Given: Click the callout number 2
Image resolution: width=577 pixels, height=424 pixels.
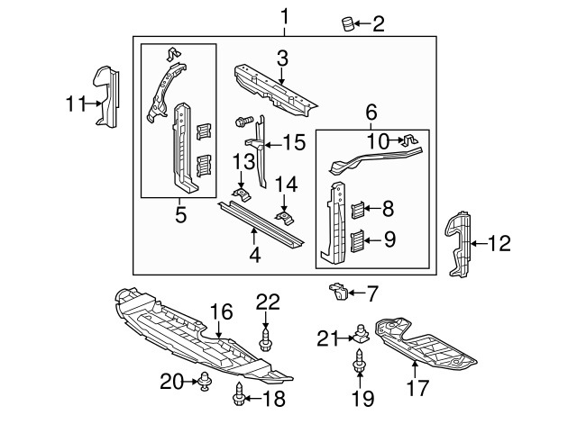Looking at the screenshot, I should pyautogui.click(x=379, y=24).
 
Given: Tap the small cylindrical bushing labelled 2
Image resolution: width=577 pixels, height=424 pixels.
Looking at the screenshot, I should pyautogui.click(x=347, y=23).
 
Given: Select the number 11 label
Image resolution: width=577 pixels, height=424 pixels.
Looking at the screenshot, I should pyautogui.click(x=75, y=104).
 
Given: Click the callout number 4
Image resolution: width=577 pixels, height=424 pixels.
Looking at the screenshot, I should pyautogui.click(x=255, y=257).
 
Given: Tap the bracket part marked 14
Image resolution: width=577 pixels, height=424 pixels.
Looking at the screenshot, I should pyautogui.click(x=283, y=217).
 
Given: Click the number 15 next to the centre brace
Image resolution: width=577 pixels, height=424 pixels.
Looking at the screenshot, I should pyautogui.click(x=295, y=142).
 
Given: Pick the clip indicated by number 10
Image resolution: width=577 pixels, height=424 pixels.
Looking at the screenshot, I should pyautogui.click(x=409, y=140).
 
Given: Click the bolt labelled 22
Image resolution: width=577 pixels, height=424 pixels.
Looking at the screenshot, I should pyautogui.click(x=268, y=340).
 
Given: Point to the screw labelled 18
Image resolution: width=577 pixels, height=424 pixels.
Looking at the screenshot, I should pyautogui.click(x=240, y=393).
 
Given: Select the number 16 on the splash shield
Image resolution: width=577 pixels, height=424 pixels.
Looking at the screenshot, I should pyautogui.click(x=222, y=312).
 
